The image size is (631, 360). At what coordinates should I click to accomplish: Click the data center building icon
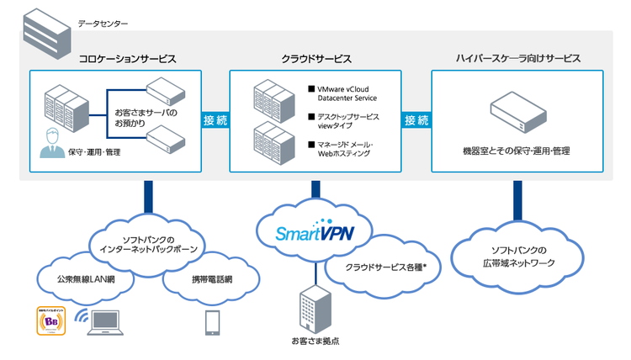pyautogui.click(x=45, y=32)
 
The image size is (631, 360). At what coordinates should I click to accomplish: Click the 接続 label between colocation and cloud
pyautogui.click(x=215, y=120)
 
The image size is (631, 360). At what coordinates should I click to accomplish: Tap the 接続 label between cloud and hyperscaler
pyautogui.click(x=416, y=120)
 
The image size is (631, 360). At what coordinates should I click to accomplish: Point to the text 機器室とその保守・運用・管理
pyautogui.click(x=517, y=151)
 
